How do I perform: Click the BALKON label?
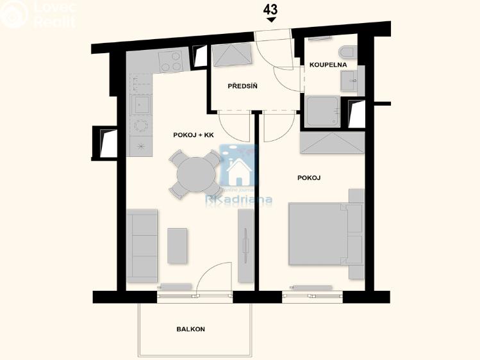[x=190, y=329]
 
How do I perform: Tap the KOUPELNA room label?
[x=328, y=65]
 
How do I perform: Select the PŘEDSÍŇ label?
[x=242, y=86]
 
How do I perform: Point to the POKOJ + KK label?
[x=193, y=135]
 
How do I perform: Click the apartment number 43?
[x=271, y=9]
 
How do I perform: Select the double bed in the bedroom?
[x=319, y=233]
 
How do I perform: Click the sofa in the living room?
[x=142, y=245]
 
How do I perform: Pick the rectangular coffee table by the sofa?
[x=178, y=245]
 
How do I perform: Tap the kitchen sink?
[x=140, y=104]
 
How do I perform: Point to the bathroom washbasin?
[x=351, y=79]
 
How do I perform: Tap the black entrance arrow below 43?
[x=271, y=20]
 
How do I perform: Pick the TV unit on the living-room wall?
[x=245, y=246]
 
